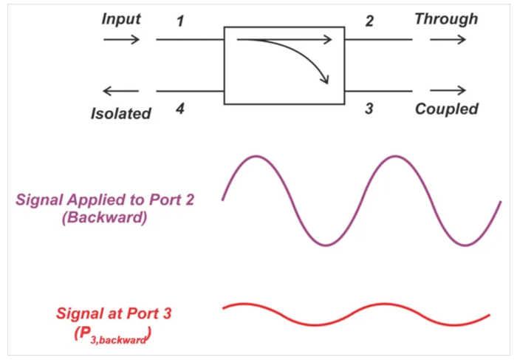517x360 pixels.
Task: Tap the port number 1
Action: (x=180, y=21)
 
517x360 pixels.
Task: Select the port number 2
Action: (x=369, y=21)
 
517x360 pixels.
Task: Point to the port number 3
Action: (x=369, y=109)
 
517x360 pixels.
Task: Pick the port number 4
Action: (x=180, y=109)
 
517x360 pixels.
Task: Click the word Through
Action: (x=446, y=19)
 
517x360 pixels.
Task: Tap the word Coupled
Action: (x=447, y=109)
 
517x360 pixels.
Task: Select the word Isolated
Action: (x=121, y=113)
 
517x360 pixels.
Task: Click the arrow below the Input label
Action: (x=121, y=40)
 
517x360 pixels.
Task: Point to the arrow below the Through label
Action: (x=448, y=40)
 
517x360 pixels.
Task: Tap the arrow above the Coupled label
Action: (x=448, y=90)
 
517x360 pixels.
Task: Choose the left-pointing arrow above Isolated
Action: (x=121, y=91)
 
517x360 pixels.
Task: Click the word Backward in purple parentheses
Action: (x=105, y=217)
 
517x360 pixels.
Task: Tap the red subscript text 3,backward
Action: (x=117, y=340)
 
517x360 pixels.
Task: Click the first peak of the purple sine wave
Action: (x=256, y=157)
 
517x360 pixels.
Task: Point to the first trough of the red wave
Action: (x=315, y=325)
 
